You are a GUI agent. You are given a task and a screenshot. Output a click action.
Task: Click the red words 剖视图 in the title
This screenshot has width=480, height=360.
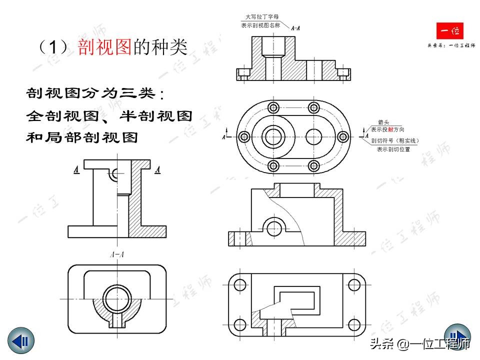(104, 47)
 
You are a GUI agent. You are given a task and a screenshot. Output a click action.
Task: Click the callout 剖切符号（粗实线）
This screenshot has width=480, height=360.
(395, 140)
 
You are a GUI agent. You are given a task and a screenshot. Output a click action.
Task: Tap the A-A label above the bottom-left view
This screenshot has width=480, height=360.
(116, 255)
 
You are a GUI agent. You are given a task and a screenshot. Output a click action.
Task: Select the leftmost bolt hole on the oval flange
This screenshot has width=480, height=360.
(244, 136)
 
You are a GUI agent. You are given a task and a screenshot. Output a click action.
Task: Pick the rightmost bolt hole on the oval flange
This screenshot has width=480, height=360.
(343, 136)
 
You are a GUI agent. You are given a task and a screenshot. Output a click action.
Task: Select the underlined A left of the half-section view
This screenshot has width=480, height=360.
(76, 170)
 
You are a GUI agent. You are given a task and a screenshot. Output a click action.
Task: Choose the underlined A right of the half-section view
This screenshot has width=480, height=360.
(157, 170)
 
